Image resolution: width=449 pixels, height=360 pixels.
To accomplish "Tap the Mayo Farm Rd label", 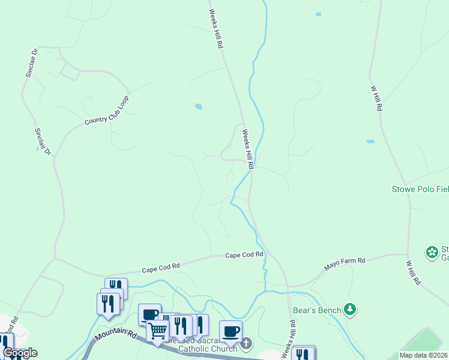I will click(345, 261).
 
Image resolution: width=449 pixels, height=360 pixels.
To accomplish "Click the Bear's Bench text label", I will click(317, 310).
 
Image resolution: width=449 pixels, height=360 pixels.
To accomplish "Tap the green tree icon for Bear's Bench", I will click(351, 310).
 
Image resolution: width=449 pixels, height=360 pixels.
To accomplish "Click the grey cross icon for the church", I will click(247, 343).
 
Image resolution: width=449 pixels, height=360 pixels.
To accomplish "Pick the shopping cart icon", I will click(157, 329).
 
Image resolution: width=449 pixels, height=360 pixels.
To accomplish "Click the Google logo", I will click(19, 353).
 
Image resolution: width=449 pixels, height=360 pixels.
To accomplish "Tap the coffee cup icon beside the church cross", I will click(231, 331).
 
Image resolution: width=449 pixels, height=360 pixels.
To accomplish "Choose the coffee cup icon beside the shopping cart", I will click(149, 314).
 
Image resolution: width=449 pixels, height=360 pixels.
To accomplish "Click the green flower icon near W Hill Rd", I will click(432, 253).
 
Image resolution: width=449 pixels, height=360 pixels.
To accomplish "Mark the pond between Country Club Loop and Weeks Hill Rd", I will click(198, 107).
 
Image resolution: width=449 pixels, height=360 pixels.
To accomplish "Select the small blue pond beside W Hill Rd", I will click(370, 142).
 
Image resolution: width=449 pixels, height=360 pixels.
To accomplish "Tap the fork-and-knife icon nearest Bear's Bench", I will click(303, 354).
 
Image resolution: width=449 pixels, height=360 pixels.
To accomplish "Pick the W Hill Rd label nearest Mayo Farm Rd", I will click(414, 272).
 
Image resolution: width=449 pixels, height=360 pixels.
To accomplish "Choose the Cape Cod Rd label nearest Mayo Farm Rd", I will click(244, 255).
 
